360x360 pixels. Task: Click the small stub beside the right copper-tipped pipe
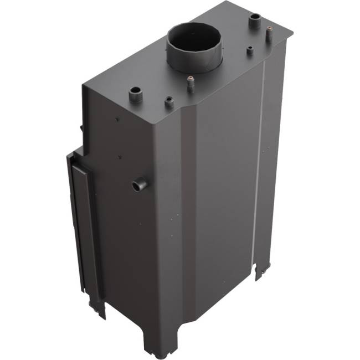250,52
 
